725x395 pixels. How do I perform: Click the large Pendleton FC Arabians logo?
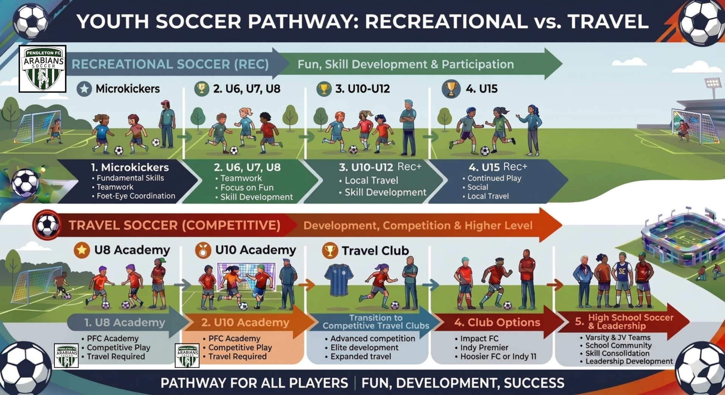pyautogui.click(x=43, y=69)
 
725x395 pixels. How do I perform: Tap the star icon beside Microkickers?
pyautogui.click(x=84, y=89)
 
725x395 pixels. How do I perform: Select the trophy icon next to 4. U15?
pyautogui.click(x=451, y=89)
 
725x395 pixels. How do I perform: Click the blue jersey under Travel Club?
pyautogui.click(x=339, y=280)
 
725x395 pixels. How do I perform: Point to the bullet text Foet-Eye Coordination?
pyautogui.click(x=136, y=196)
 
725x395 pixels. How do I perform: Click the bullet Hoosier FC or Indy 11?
pyautogui.click(x=498, y=357)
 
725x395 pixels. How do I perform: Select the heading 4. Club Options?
pyautogui.click(x=497, y=323)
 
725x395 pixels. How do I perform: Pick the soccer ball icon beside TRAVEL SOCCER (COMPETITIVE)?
pyautogui.click(x=47, y=225)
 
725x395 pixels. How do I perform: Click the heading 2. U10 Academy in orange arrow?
pyautogui.click(x=245, y=323)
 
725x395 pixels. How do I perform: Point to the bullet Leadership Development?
pyautogui.click(x=629, y=361)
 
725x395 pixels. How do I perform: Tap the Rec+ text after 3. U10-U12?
pyautogui.click(x=409, y=167)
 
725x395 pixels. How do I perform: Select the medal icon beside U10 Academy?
pyautogui.click(x=203, y=250)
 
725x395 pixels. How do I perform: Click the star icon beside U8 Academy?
pyautogui.click(x=82, y=250)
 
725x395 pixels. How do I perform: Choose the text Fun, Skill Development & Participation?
pyautogui.click(x=405, y=65)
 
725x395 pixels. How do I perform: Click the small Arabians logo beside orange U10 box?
pyautogui.click(x=187, y=355)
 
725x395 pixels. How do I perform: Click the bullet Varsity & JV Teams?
pyautogui.click(x=617, y=338)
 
